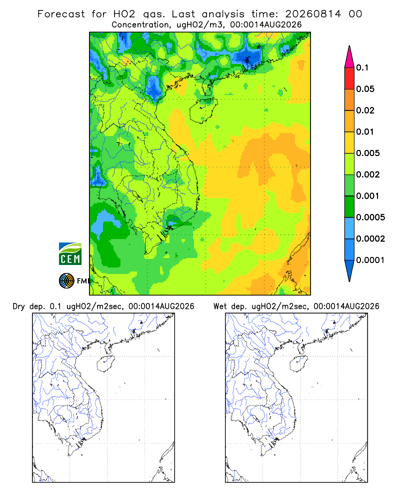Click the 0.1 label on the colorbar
click(362, 67)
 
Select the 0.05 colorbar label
click(365, 89)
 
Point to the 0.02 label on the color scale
click(365, 110)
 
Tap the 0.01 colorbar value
click(365, 131)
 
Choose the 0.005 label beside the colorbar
click(368, 153)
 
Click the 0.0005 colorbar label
click(370, 217)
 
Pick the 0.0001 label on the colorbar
click(370, 260)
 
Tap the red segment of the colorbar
click(349, 78)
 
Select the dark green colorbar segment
click(349, 206)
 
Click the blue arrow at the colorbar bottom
click(349, 269)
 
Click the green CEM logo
click(70, 254)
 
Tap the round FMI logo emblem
click(66, 281)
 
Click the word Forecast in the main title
click(61, 14)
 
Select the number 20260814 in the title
click(313, 14)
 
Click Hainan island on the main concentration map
click(203, 110)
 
